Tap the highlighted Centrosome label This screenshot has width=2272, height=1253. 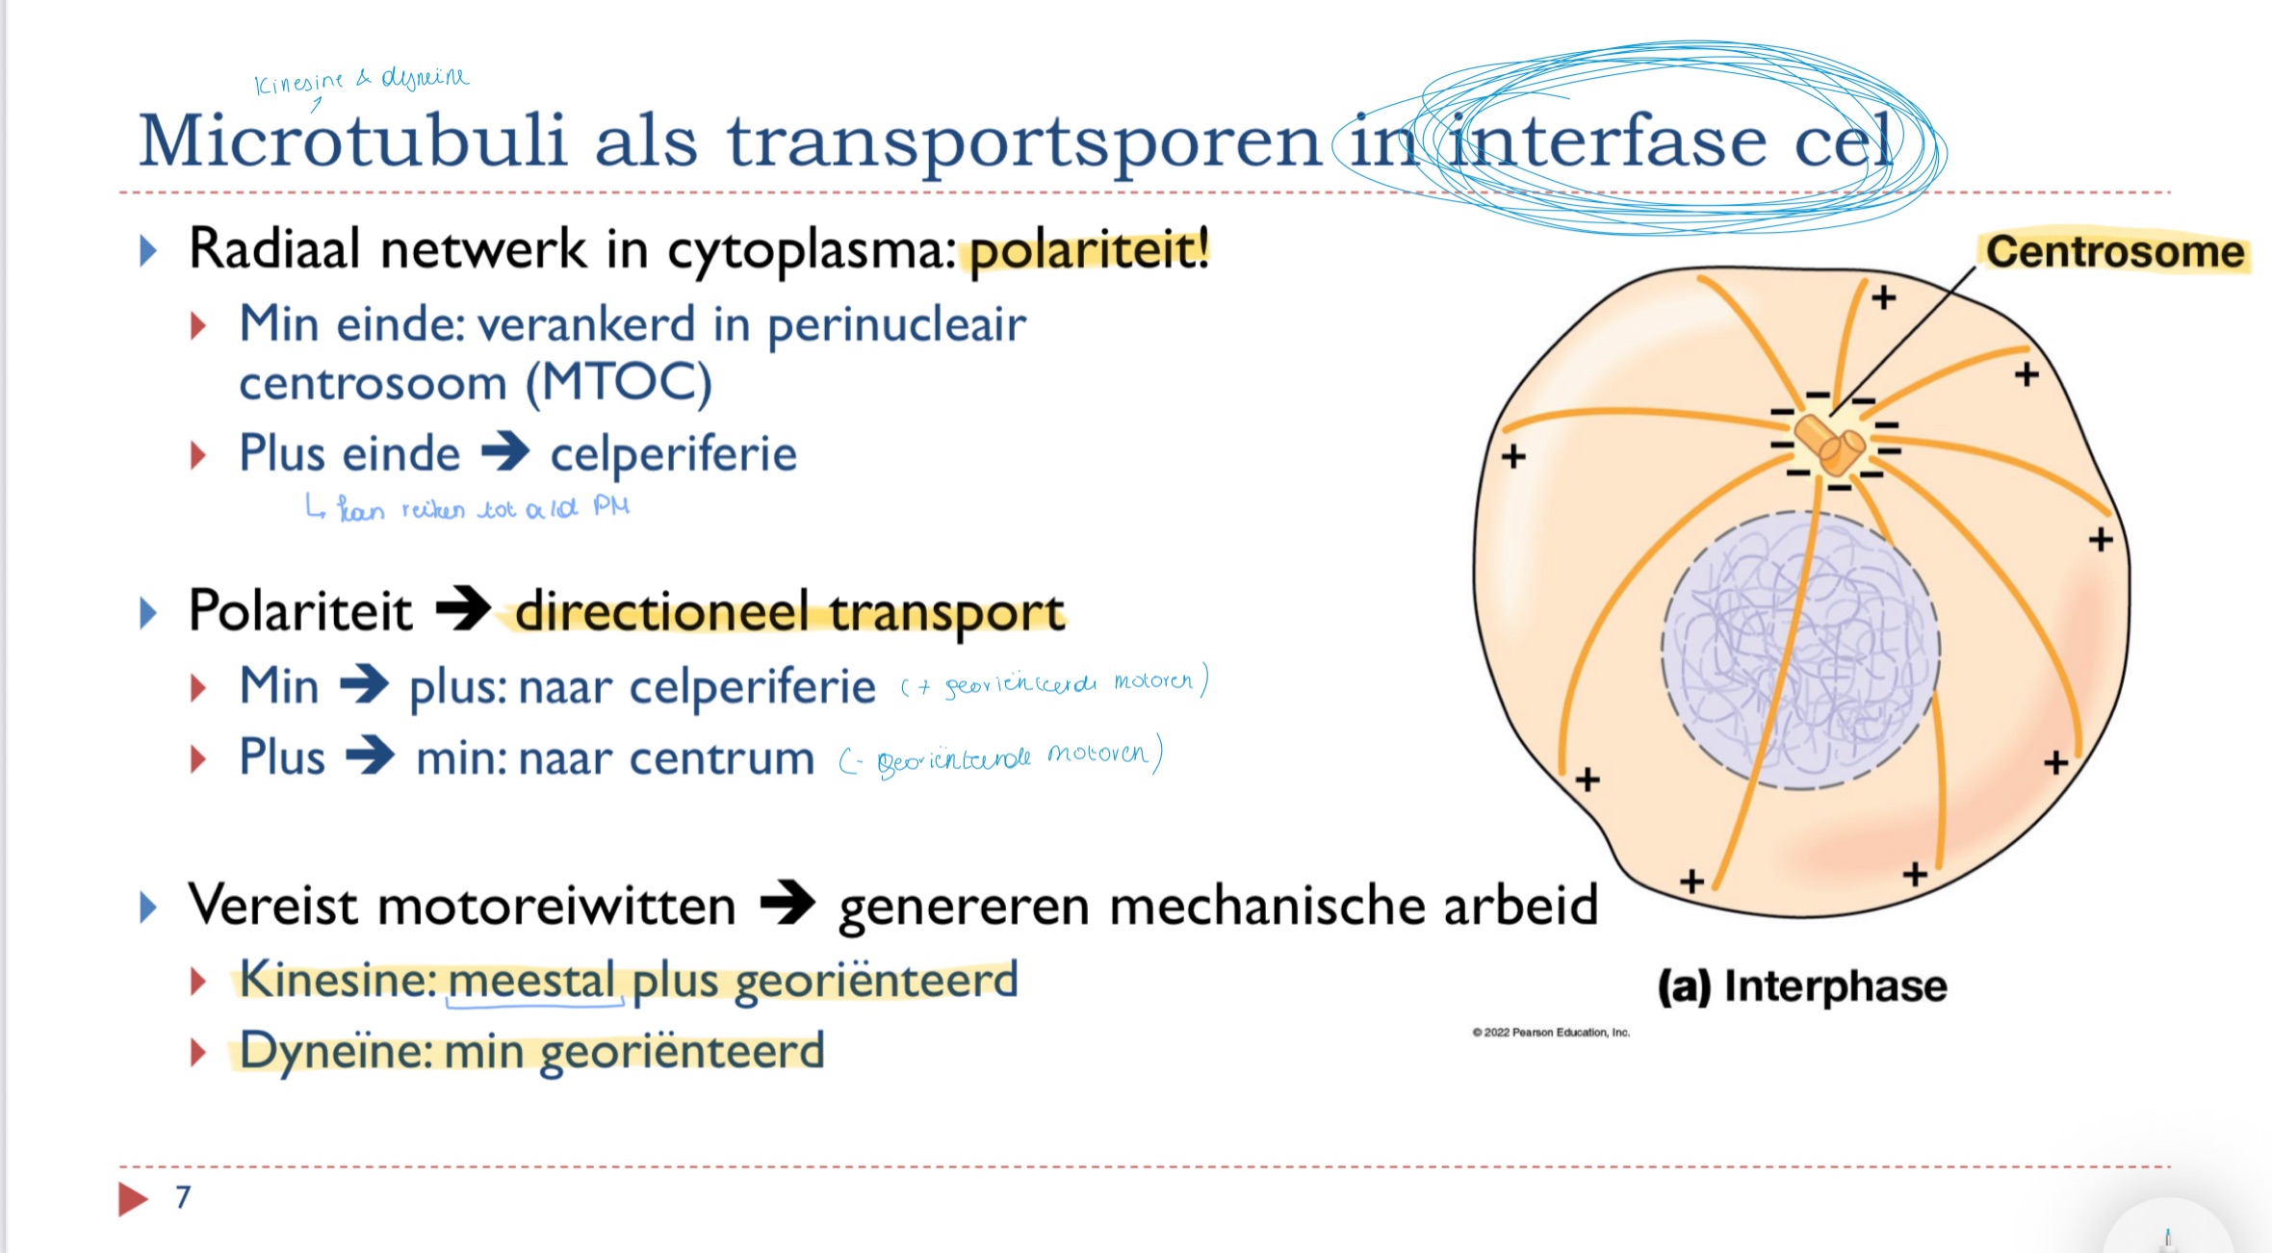coord(2114,252)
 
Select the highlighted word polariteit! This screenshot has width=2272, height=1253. coord(1089,251)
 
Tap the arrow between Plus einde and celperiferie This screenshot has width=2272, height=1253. coord(505,451)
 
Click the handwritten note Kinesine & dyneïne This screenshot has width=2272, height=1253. coord(361,80)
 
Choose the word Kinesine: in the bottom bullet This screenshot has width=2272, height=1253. coord(338,980)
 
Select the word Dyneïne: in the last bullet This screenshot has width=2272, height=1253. coord(336,1051)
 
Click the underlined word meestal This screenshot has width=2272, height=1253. coord(531,982)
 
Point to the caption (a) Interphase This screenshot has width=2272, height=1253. coord(1801,986)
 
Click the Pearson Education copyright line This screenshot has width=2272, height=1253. coord(1550,1033)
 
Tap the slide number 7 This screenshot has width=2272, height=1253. coord(183,1196)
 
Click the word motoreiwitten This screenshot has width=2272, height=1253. coord(557,906)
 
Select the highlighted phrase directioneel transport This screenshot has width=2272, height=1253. coord(789,612)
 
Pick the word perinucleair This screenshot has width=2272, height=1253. coord(896,324)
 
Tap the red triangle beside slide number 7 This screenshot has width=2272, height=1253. coord(133,1198)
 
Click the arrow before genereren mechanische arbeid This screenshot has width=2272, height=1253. coord(787,904)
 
